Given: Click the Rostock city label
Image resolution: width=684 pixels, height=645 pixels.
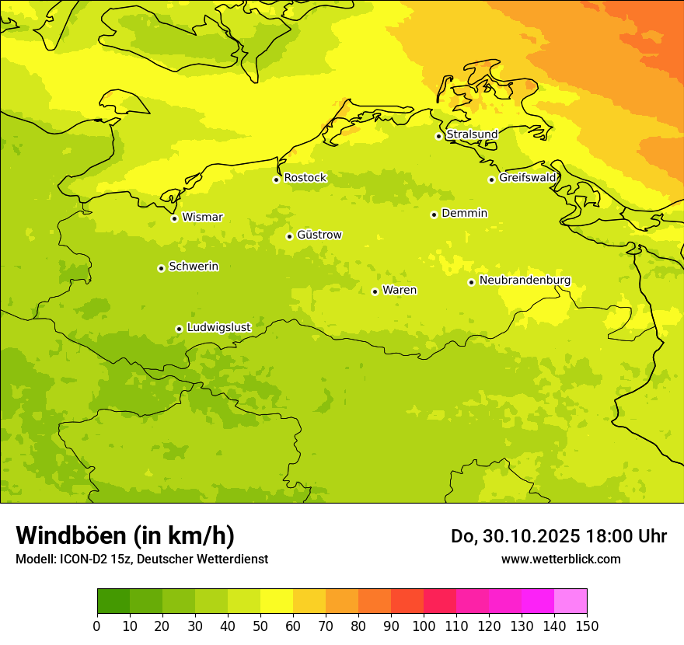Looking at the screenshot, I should tap(305, 178).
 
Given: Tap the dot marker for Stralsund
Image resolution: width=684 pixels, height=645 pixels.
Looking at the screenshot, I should tap(438, 136).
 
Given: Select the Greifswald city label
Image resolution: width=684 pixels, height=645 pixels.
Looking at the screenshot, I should tap(528, 178).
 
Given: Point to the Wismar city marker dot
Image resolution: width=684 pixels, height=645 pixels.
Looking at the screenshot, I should tap(174, 218).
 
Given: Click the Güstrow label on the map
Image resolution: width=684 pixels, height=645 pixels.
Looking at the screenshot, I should tap(319, 235).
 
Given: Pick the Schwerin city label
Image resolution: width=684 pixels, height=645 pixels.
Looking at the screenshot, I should tap(194, 267).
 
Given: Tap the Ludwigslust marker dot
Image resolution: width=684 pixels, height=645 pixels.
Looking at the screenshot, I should tap(179, 329).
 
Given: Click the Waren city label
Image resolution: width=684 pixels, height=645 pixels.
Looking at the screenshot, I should tap(400, 290).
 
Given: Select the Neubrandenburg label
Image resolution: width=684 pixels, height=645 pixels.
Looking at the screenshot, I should tap(525, 280).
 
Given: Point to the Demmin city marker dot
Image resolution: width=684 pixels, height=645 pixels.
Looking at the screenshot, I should tap(434, 214).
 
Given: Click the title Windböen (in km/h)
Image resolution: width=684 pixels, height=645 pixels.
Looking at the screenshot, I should tap(125, 535).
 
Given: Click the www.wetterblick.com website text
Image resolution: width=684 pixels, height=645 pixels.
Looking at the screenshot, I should tap(560, 559).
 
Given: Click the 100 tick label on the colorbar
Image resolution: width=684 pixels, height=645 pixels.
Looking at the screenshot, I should tap(424, 626).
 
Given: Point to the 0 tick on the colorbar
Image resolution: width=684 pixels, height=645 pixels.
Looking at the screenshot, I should tap(97, 626).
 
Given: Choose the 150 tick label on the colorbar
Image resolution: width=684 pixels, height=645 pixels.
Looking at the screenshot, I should tap(587, 626).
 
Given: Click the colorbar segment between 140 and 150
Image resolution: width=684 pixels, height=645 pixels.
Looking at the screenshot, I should tap(571, 601).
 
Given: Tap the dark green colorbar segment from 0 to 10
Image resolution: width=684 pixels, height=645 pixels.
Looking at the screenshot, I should tap(113, 601).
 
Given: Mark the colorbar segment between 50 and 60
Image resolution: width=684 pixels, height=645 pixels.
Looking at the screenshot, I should tap(277, 601).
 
